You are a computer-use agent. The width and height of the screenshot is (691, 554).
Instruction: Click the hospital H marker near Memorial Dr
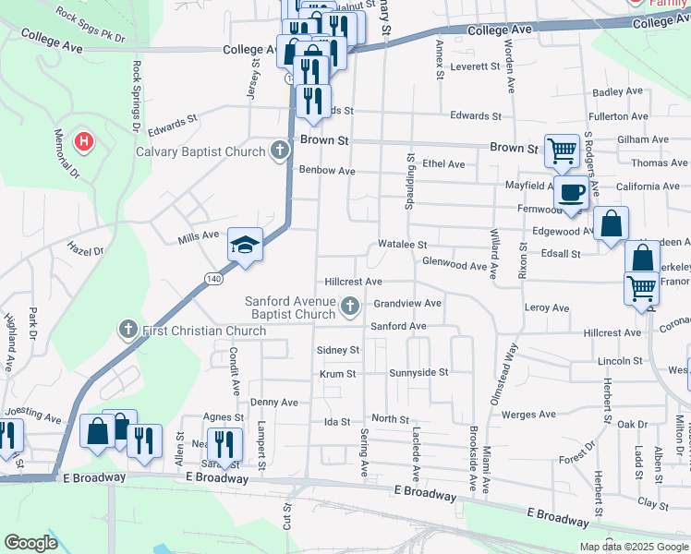coord(84,142)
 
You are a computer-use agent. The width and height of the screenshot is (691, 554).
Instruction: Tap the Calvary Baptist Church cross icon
coord(280,151)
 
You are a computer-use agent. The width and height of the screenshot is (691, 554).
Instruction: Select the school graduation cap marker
coord(245,245)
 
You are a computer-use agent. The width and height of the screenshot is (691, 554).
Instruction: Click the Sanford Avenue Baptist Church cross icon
coord(350,307)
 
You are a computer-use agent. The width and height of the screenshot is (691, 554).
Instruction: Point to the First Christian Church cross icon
coord(128,330)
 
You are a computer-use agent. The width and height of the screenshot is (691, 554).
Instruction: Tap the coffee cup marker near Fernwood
coord(571,194)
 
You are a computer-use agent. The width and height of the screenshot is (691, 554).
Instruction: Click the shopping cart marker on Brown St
coord(562,150)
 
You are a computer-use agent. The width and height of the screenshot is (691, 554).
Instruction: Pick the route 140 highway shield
coord(214,278)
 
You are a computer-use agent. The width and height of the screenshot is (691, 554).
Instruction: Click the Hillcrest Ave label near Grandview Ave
coord(353,282)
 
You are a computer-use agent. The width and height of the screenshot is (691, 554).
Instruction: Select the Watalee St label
coord(402,246)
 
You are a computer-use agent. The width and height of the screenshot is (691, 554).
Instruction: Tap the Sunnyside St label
coord(418,373)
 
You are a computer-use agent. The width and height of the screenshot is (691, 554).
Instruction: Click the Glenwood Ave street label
coord(454,266)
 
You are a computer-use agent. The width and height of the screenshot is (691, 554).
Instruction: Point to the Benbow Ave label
coord(327,171)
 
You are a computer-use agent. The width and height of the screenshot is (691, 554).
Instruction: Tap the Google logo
coord(30,543)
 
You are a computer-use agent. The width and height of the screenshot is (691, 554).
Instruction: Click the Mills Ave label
coord(199,238)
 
